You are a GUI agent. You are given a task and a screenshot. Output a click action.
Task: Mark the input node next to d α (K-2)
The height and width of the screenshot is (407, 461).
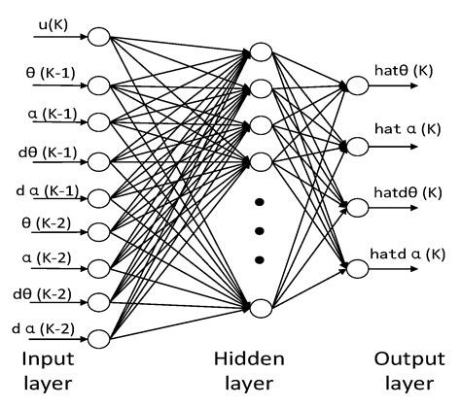tap(99, 338)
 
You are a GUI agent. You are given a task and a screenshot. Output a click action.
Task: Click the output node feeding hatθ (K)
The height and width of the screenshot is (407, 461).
tap(356, 86)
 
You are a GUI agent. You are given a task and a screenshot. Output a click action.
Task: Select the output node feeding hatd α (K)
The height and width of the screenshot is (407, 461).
tap(356, 264)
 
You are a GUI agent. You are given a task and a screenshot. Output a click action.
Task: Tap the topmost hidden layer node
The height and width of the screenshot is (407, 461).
tap(261, 51)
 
